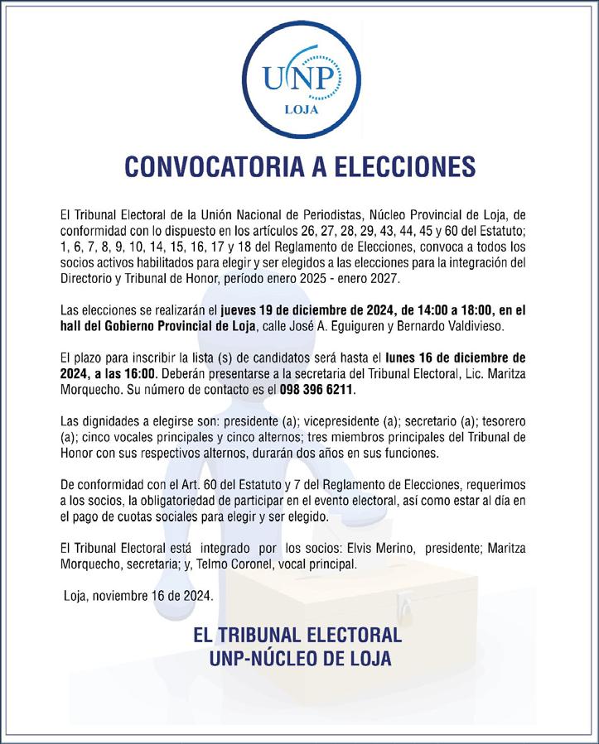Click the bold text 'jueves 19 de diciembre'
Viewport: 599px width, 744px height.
click(287, 310)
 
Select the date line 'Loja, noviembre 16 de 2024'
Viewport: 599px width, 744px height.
click(139, 595)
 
